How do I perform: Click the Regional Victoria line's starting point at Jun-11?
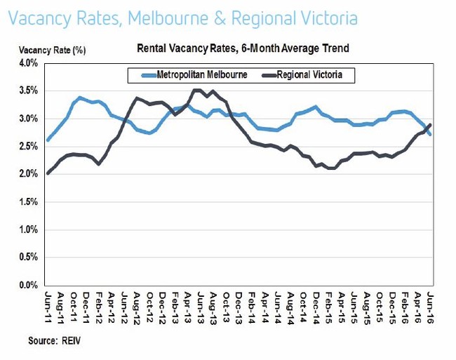click(x=48, y=173)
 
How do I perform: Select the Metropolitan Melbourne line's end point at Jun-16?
click(x=429, y=134)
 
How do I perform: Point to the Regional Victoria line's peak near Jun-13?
click(x=198, y=90)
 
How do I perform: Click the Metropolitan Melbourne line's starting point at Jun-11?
click(x=48, y=140)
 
